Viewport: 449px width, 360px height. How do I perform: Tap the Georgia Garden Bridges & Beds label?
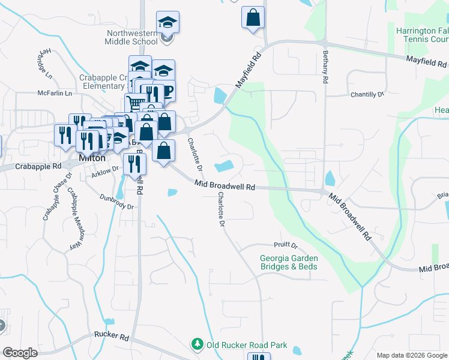point(288,262)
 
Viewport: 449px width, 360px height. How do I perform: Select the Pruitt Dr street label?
point(286,245)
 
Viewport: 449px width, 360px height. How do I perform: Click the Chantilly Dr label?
point(367,95)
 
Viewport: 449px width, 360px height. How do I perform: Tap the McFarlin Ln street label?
point(55,94)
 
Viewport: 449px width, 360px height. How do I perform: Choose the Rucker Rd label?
point(112,337)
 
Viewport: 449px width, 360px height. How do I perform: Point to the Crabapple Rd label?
point(38,166)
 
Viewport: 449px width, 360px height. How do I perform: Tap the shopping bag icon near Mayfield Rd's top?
point(253,17)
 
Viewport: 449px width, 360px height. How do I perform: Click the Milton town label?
point(92,158)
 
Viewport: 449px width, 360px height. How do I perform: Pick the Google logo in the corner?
point(20,353)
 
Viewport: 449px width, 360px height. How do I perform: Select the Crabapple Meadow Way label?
point(74,219)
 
